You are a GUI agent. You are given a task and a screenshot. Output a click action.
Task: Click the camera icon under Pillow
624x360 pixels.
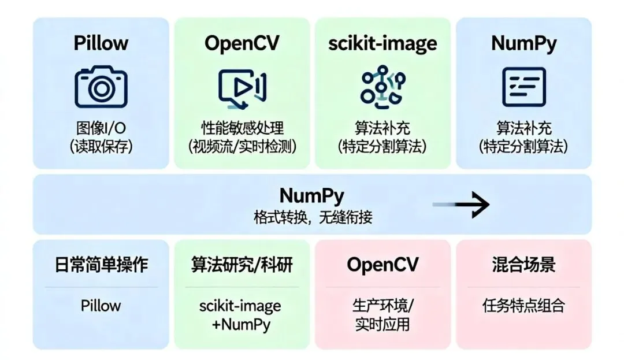tap(101, 87)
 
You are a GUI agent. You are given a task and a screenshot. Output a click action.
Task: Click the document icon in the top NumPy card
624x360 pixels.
tap(523, 87)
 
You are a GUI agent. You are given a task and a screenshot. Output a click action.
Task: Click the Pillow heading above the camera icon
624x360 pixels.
tap(101, 43)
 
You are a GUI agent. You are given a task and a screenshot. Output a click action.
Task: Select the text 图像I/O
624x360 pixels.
tap(101, 128)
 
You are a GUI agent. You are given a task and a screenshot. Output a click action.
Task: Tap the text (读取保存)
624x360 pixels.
tap(101, 147)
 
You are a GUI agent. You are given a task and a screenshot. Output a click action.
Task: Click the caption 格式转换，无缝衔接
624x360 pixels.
tap(313, 218)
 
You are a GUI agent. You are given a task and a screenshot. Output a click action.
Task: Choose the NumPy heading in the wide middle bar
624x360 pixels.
tap(312, 195)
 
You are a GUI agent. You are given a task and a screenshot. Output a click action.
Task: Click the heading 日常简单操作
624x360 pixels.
tap(101, 265)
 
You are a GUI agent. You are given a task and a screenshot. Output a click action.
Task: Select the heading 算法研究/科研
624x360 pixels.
tap(242, 265)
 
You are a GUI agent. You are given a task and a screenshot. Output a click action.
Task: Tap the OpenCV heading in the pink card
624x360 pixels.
tap(382, 265)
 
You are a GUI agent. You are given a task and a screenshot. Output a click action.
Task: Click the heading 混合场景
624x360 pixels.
tap(523, 265)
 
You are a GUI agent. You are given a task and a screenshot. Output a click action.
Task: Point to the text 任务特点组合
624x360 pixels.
tap(523, 305)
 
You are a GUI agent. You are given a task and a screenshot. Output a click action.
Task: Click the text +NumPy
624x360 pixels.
tap(241, 324)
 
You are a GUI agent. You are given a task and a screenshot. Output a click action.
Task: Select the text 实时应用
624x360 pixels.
tap(382, 324)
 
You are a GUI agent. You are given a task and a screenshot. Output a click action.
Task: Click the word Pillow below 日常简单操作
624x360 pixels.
tap(101, 305)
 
